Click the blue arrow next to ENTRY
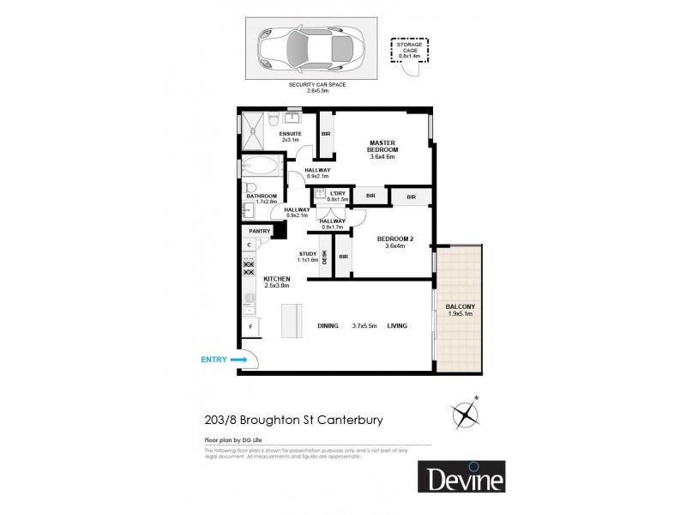tap(238, 360)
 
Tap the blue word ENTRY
tap(214, 360)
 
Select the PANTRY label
tap(259, 231)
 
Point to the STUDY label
tap(308, 254)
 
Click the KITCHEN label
tap(277, 279)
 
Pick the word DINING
tap(328, 326)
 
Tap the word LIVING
tap(397, 326)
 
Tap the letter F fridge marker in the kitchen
tap(250, 327)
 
